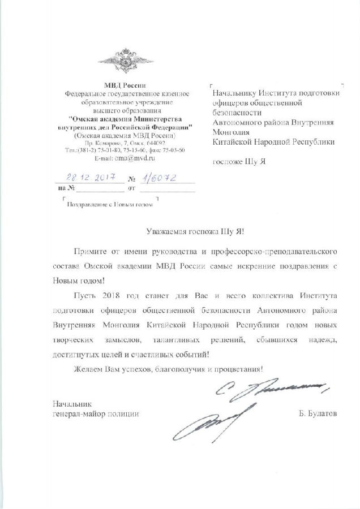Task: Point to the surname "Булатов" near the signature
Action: [x=320, y=414]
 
